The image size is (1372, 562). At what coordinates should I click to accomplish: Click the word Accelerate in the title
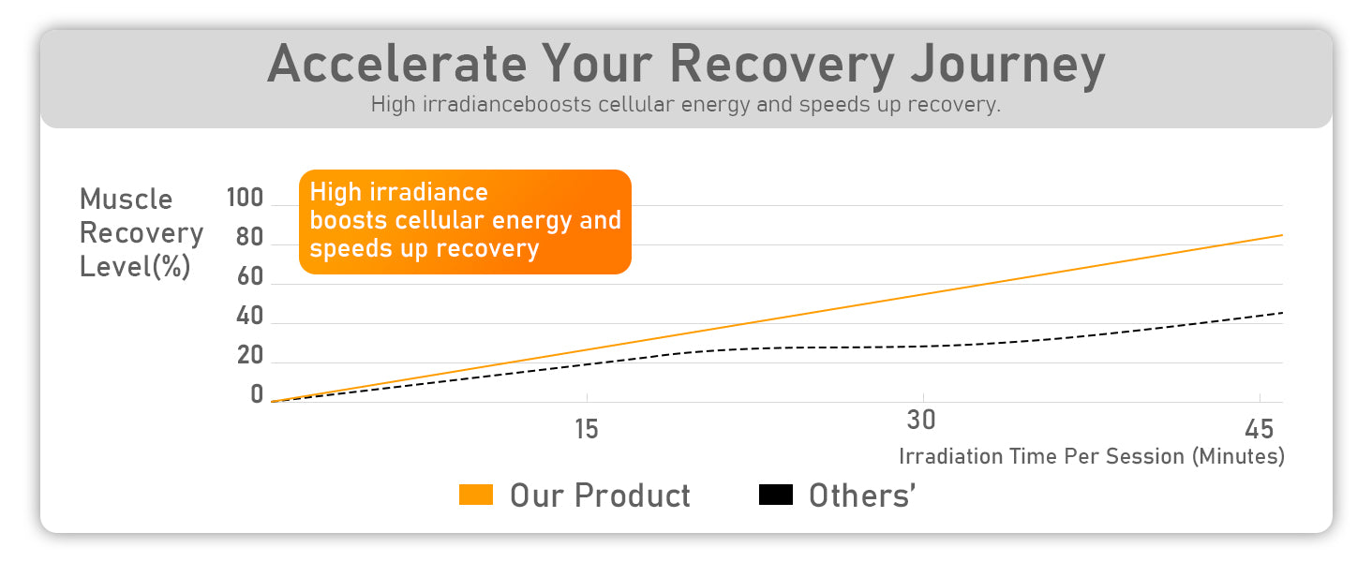(x=397, y=64)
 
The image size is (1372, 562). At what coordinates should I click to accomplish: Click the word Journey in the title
(x=1008, y=67)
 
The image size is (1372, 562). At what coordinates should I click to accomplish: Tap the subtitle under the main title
(x=685, y=105)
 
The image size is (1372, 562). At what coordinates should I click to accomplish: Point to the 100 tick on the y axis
(x=245, y=198)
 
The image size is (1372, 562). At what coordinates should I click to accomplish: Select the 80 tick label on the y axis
(x=249, y=237)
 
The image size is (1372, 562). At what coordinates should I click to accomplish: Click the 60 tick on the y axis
(x=250, y=276)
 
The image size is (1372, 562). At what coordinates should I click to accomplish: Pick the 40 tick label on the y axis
(x=249, y=316)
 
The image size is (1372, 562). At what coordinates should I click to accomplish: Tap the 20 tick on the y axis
(x=250, y=355)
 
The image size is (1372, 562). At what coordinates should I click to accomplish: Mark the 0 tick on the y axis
(x=257, y=394)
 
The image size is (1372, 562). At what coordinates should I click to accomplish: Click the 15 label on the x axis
(x=586, y=429)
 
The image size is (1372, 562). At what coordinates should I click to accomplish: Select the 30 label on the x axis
(x=921, y=420)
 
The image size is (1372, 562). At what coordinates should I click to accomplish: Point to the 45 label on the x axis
(x=1259, y=429)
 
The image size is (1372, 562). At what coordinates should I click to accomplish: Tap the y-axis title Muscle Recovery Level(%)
(x=142, y=232)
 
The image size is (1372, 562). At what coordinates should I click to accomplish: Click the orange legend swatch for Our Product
(x=476, y=495)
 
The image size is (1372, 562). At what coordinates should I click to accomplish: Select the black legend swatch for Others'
(x=775, y=495)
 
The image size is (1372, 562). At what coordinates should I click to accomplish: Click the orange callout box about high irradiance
(x=465, y=222)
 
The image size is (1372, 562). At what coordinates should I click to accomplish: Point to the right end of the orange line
(x=1282, y=235)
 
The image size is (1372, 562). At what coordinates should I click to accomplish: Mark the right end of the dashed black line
(x=1282, y=313)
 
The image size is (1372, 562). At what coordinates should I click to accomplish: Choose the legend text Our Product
(x=600, y=495)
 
